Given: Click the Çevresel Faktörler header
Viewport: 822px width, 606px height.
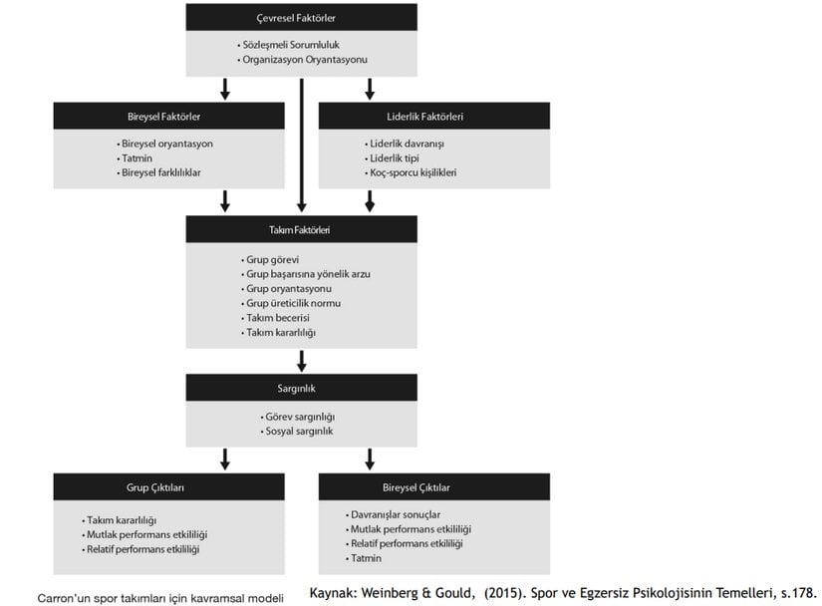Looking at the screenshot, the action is click(x=302, y=17).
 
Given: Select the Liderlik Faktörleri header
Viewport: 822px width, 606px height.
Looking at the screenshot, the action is click(x=434, y=116).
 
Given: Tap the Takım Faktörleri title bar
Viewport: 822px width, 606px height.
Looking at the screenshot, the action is click(x=302, y=229).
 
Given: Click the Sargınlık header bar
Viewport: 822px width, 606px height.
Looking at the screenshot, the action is click(x=302, y=388).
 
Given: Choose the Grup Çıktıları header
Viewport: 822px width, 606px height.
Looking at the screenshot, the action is click(x=168, y=487).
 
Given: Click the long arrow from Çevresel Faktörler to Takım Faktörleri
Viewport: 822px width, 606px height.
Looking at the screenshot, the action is click(x=302, y=146).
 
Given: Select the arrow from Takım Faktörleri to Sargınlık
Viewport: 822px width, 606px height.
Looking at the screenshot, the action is click(x=302, y=361).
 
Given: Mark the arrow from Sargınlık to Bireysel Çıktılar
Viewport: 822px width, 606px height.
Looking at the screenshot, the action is click(x=370, y=459).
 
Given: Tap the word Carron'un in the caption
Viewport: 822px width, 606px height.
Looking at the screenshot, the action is click(x=64, y=598).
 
